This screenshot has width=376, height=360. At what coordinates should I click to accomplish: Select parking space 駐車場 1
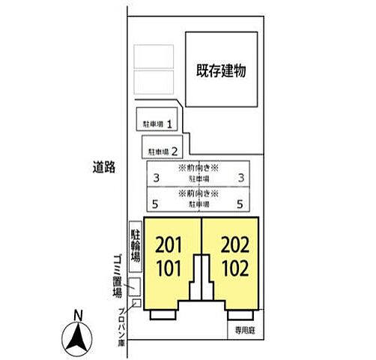point(158,122)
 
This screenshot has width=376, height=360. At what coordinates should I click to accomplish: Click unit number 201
point(169,245)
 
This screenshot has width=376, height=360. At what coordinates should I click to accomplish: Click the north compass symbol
point(77,338)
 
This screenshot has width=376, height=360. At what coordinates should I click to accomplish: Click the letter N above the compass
point(77,315)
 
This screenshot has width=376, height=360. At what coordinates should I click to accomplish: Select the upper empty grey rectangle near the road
point(154,57)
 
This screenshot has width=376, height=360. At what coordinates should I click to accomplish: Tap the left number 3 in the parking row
point(156,178)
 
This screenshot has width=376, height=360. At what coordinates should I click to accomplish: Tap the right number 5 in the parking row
point(239,203)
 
